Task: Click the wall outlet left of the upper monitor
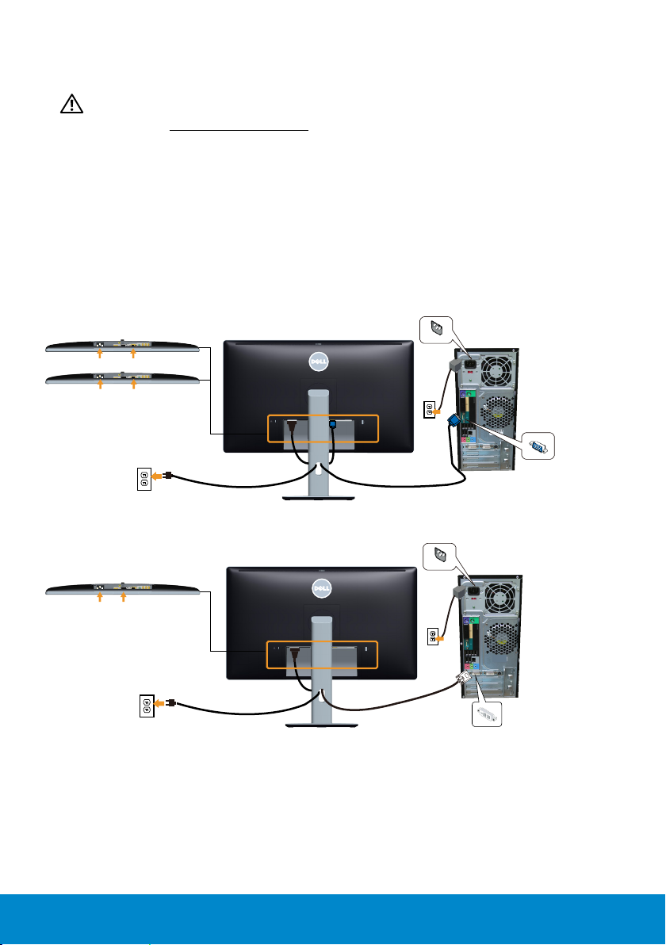point(144,478)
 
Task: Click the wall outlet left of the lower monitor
point(145,702)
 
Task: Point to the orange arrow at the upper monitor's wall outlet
point(159,477)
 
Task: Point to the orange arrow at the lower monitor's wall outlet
point(159,702)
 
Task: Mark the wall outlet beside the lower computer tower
point(432,636)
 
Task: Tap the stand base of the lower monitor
point(318,724)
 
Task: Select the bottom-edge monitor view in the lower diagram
point(121,589)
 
